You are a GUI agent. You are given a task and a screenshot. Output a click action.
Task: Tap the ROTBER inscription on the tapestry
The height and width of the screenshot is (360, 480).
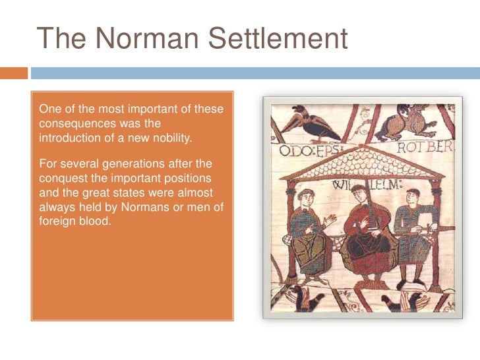(424, 148)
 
